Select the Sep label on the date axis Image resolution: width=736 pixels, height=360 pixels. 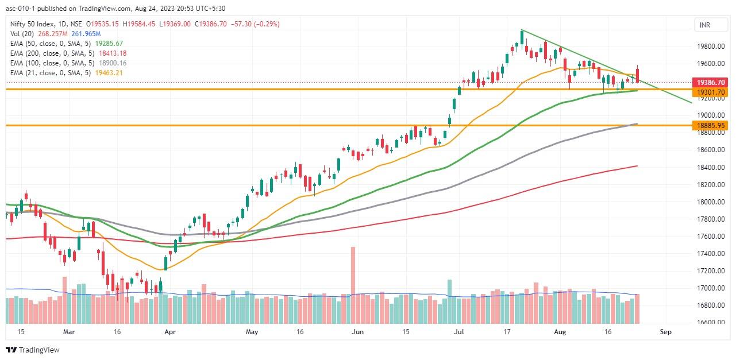click(666, 332)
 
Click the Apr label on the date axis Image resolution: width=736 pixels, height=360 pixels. click(169, 332)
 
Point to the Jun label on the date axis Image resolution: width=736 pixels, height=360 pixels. click(357, 332)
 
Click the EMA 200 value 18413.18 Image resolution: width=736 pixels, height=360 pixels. click(112, 53)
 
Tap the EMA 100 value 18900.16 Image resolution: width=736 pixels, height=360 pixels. click(112, 63)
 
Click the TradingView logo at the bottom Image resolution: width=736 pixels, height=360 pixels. click(33, 350)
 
